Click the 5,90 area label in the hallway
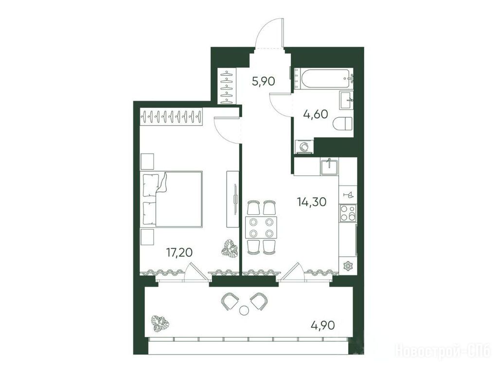[x=263, y=82]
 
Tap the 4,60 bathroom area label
[x=315, y=114]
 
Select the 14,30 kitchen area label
[x=312, y=201]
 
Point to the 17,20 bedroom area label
[x=179, y=252]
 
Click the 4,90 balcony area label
[x=323, y=325]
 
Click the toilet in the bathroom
[x=343, y=123]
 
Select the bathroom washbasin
[x=346, y=100]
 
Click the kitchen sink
[x=329, y=167]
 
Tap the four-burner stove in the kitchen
[x=348, y=213]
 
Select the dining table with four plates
[x=261, y=228]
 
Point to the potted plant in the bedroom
[x=230, y=248]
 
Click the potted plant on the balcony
[x=160, y=324]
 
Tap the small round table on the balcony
[x=244, y=310]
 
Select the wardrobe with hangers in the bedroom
[x=172, y=117]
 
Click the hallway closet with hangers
[x=227, y=86]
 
